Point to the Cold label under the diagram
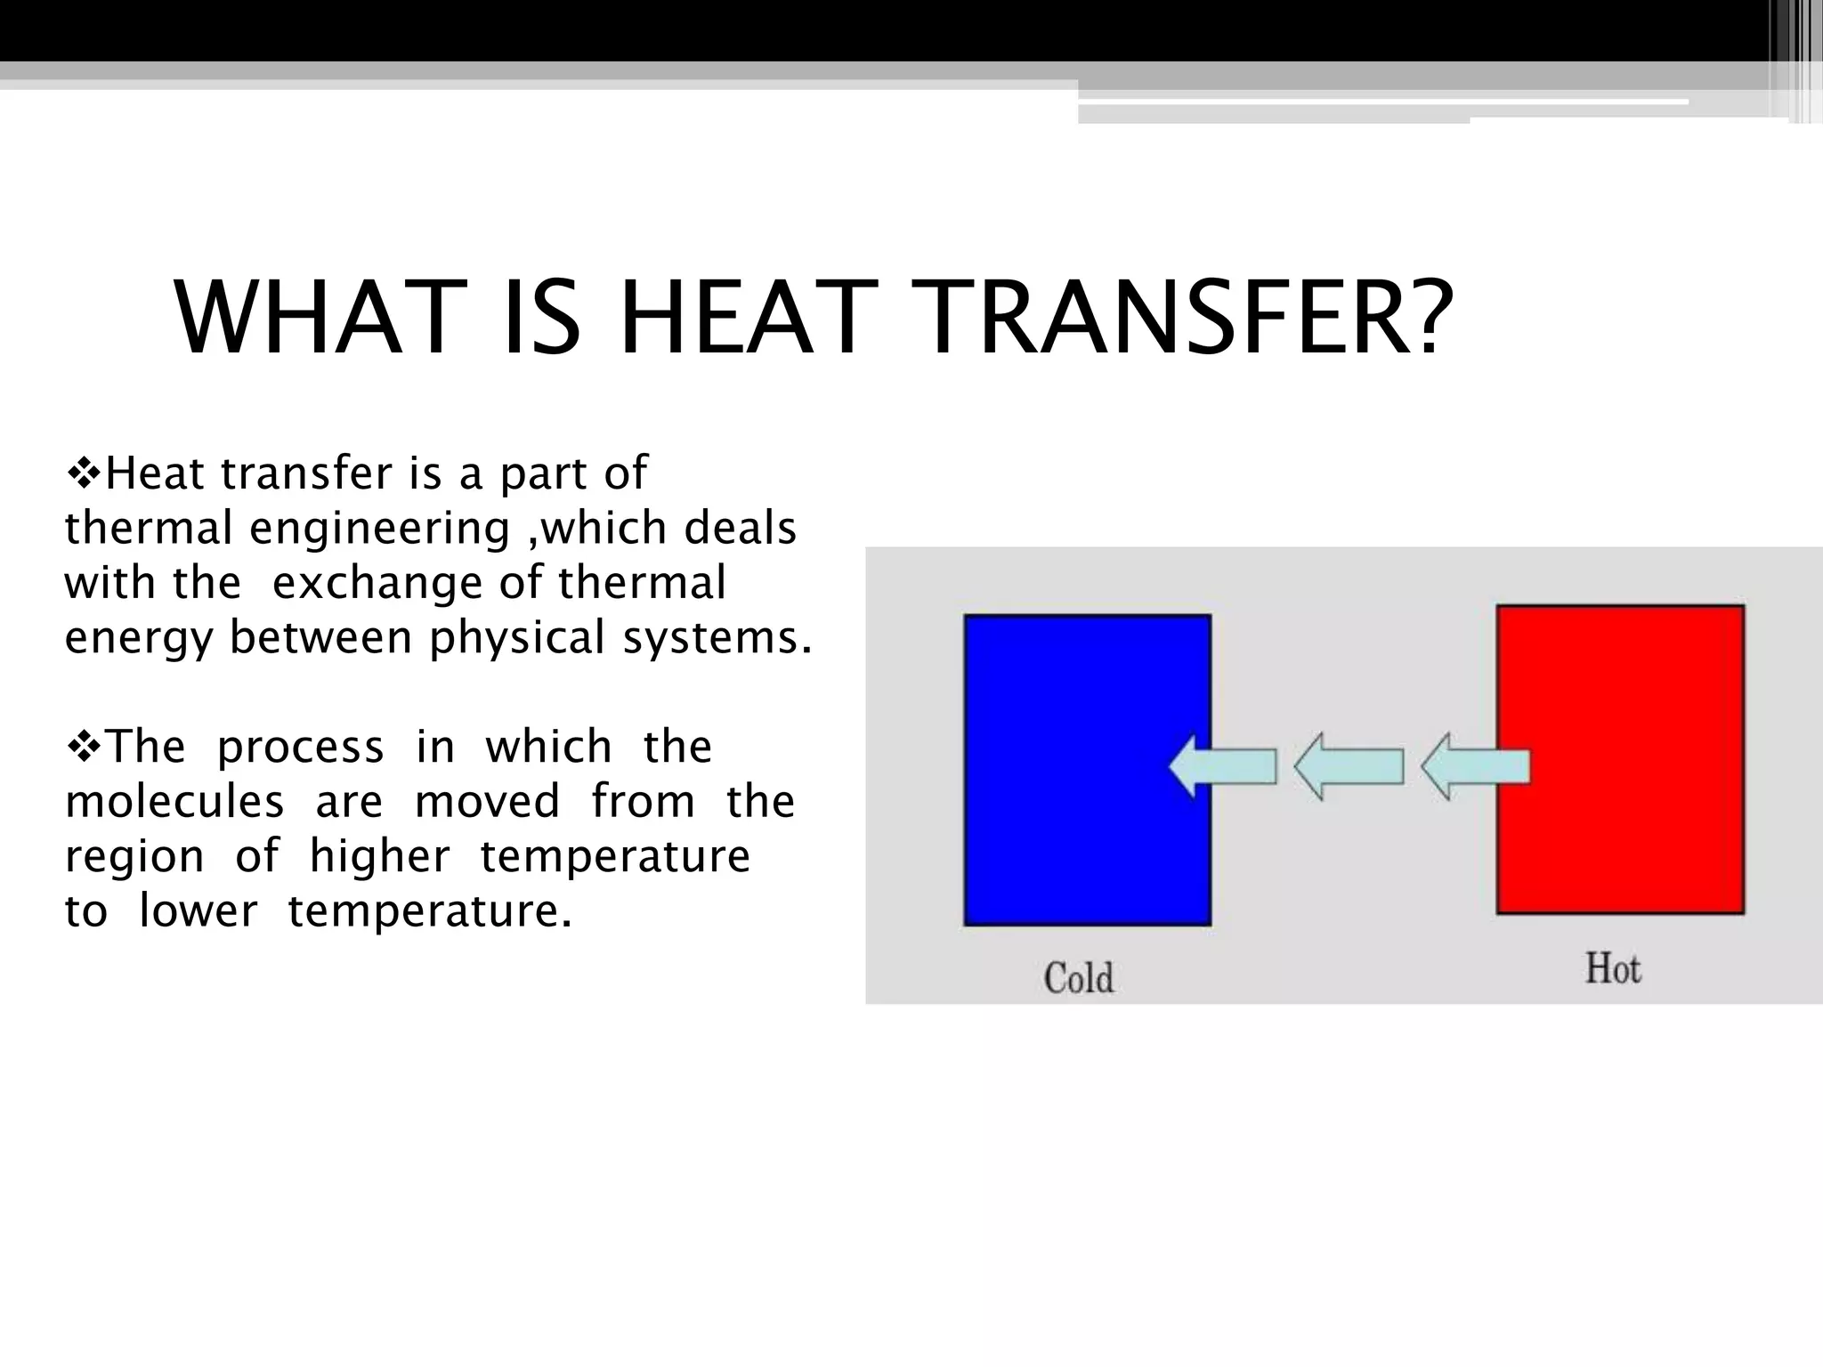pos(1079,978)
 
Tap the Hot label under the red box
pos(1613,968)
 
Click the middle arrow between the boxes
pos(1349,766)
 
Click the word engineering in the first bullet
pos(379,529)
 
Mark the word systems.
pos(717,637)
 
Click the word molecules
pos(174,801)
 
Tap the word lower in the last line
pos(199,911)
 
